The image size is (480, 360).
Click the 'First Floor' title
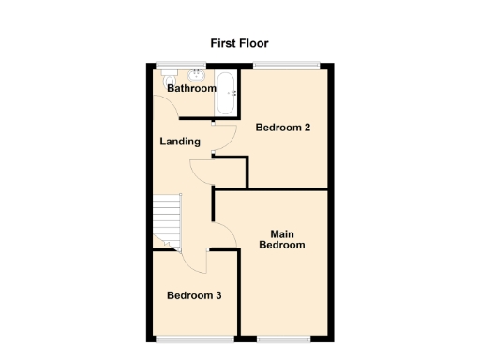[x=238, y=42]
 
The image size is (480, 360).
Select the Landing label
[x=180, y=142]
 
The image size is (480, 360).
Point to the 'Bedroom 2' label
[x=283, y=128]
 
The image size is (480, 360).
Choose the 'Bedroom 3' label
[x=194, y=295]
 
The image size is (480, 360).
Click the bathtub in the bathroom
[x=226, y=93]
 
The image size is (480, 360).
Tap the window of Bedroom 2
[x=287, y=65]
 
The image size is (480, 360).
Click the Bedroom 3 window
[x=193, y=337]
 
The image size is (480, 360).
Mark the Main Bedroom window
[x=284, y=337]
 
